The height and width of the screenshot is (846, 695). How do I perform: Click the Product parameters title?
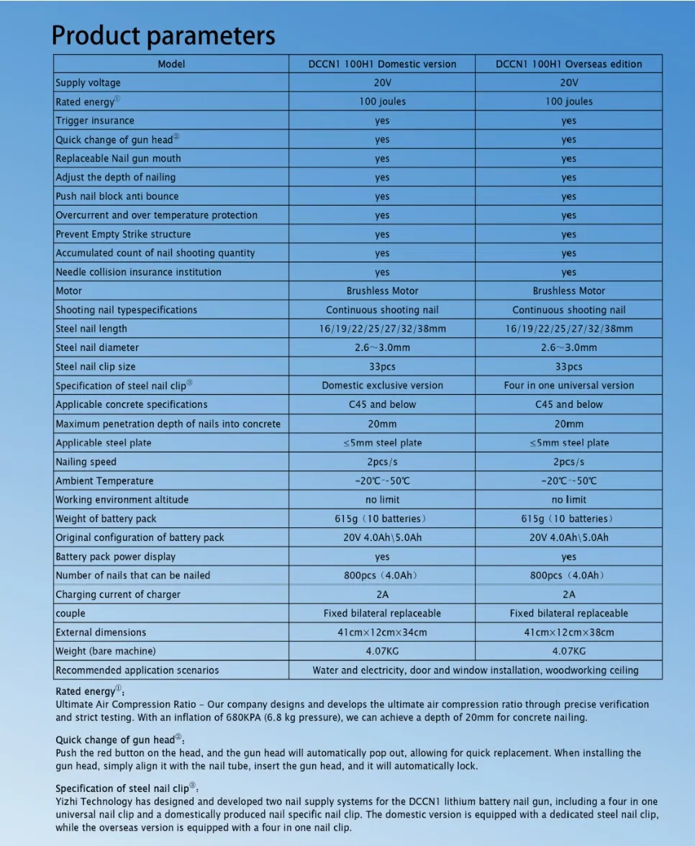[163, 35]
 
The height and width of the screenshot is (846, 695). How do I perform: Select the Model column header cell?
[171, 64]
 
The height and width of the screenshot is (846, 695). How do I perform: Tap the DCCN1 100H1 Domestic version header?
[382, 64]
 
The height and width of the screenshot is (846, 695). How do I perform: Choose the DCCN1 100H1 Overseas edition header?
[568, 64]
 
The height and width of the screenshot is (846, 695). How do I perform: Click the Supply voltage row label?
[88, 83]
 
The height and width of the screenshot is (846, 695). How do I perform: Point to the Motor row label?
[69, 291]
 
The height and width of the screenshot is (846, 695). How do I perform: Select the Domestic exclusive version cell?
[382, 386]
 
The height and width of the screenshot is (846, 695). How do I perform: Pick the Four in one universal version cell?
[568, 386]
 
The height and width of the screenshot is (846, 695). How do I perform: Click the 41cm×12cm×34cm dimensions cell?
[382, 632]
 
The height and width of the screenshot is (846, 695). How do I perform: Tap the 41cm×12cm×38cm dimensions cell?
[568, 632]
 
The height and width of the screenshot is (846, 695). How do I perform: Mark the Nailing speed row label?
[86, 462]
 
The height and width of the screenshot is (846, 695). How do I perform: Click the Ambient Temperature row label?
[104, 481]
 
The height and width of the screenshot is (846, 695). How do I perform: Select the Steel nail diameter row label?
[97, 347]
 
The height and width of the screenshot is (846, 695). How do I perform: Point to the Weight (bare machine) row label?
[105, 651]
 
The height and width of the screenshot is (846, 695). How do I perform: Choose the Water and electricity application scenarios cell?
[475, 670]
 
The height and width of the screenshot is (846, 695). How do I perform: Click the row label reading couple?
[71, 614]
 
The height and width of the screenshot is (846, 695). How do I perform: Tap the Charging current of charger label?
[118, 594]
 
